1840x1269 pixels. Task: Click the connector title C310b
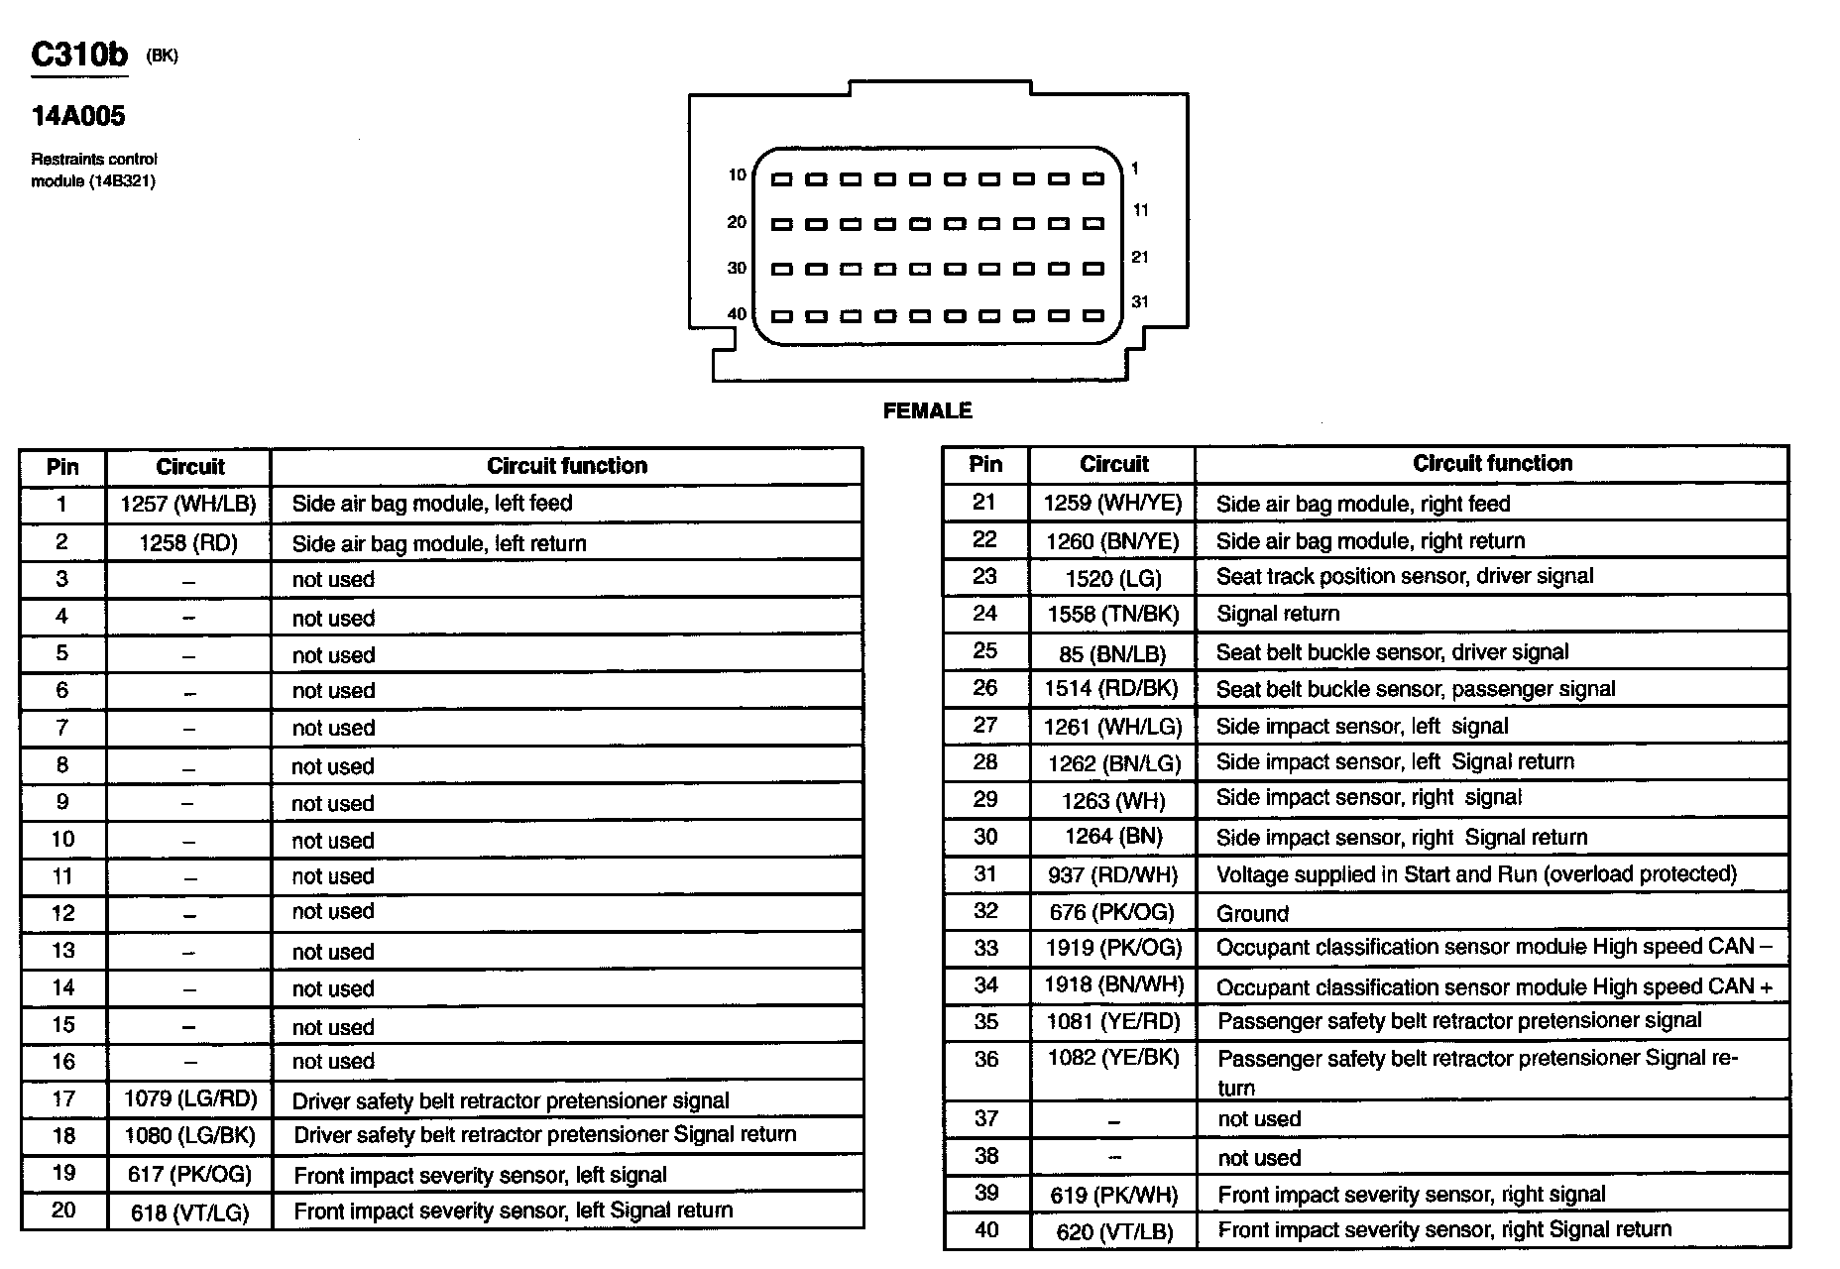coord(79,55)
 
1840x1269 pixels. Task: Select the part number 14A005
coord(78,116)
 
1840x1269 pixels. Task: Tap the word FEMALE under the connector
coord(927,410)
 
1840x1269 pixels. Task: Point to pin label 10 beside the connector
coord(737,175)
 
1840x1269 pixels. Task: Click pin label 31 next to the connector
coord(1140,301)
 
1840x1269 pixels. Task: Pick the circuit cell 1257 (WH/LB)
coord(188,504)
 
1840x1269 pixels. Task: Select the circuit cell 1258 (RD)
coord(188,543)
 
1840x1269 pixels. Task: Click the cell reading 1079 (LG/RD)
coord(189,1098)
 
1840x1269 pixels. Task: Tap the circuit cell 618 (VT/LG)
coord(189,1211)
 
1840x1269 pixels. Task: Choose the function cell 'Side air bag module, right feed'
coord(1363,504)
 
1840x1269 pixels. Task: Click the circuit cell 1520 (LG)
coord(1113,578)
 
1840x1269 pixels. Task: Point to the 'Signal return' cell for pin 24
coord(1278,614)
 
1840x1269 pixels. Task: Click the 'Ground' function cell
coord(1252,913)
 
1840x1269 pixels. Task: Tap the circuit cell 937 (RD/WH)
coord(1112,874)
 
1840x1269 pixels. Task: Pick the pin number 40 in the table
coord(985,1230)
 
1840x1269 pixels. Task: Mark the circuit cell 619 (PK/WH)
coord(1113,1196)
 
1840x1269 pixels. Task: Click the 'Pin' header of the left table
coord(62,467)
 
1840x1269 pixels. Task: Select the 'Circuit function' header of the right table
coord(1492,463)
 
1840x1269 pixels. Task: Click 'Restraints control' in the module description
coord(94,159)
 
